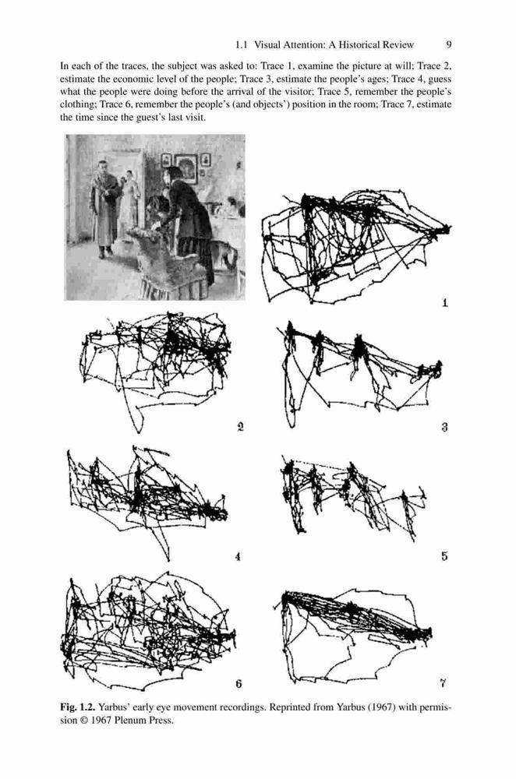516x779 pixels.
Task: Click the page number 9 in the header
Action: (x=449, y=44)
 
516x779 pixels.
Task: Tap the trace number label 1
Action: (x=445, y=302)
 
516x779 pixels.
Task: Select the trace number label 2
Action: (x=240, y=426)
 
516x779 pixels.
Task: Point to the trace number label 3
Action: (x=445, y=426)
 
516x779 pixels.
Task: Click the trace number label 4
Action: (x=238, y=556)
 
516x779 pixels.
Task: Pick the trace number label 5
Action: (x=444, y=556)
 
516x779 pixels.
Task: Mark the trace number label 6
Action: (x=239, y=684)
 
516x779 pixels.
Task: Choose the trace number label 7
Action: (x=443, y=684)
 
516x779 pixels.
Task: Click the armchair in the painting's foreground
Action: (x=167, y=261)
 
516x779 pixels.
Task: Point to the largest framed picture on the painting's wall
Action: (x=186, y=169)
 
